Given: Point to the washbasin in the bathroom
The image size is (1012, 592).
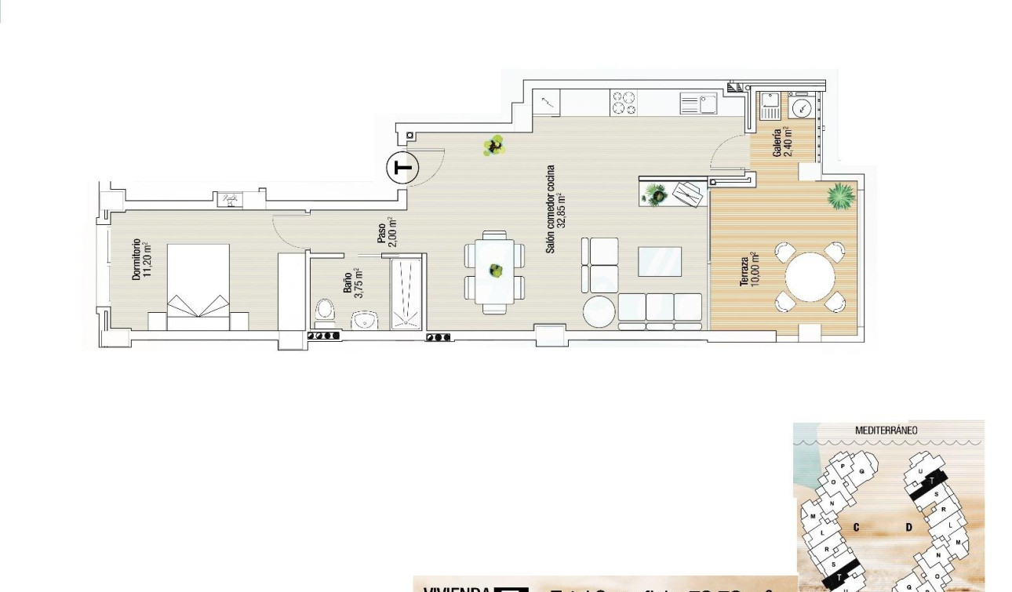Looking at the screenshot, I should (x=363, y=319).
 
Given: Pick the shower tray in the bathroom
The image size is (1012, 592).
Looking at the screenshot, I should (x=407, y=292).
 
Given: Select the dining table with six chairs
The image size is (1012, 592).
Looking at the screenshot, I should (x=495, y=272).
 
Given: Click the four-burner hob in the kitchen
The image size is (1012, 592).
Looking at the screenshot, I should (x=624, y=104).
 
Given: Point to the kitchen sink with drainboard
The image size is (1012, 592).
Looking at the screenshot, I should (x=698, y=104).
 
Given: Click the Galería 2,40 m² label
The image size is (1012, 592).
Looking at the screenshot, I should (x=783, y=142).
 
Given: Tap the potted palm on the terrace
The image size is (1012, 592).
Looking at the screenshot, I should (x=840, y=196).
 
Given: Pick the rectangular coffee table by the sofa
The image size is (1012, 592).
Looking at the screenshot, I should (x=659, y=261).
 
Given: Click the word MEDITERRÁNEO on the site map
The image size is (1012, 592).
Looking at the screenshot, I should (x=886, y=430).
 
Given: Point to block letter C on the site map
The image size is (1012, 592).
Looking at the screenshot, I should (x=857, y=527).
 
